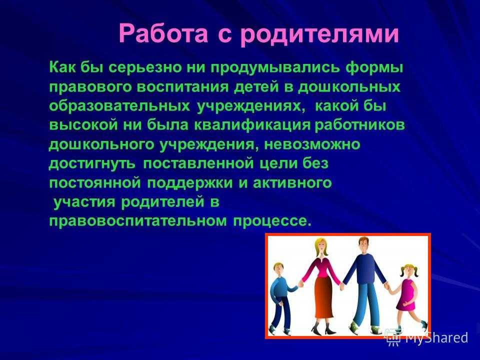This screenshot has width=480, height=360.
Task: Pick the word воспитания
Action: [x=182, y=87]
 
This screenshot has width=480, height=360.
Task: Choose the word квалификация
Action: [x=252, y=125]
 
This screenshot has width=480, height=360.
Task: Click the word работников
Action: [x=359, y=125]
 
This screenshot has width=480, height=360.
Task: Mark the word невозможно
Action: [x=312, y=144]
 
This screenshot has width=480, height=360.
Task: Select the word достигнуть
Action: [x=92, y=164]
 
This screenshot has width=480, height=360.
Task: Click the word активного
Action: [x=292, y=183]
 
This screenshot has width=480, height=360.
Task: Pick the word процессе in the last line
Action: [x=272, y=221]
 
